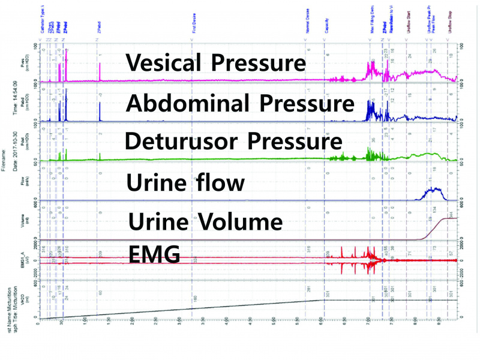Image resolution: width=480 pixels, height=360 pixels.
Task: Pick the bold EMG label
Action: tap(155, 254)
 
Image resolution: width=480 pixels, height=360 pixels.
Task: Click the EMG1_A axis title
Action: tap(22, 260)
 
